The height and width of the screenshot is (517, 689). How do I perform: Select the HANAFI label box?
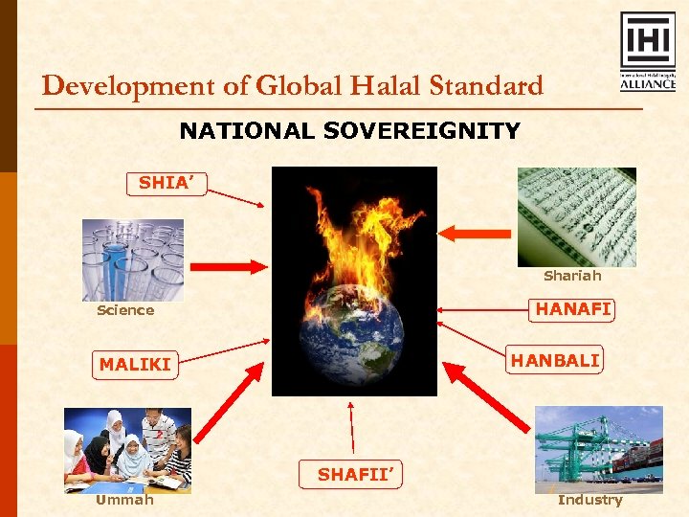(x=572, y=309)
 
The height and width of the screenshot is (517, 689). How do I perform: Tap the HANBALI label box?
(x=555, y=360)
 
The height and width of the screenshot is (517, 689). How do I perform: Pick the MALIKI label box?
(x=135, y=365)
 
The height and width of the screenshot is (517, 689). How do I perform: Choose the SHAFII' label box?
(x=354, y=474)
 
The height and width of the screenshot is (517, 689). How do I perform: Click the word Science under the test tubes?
(x=125, y=310)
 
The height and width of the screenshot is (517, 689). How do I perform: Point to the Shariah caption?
(x=572, y=276)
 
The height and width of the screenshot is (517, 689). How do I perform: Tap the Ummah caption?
(x=124, y=500)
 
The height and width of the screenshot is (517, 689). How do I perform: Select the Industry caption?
(x=589, y=500)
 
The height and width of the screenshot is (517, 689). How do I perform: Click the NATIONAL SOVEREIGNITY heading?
(x=349, y=131)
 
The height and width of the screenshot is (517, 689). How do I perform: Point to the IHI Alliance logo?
(x=648, y=52)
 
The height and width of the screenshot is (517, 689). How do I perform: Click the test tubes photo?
(x=132, y=260)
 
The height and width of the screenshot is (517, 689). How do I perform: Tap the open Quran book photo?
(x=576, y=216)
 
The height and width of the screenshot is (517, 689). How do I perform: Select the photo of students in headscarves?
(x=127, y=450)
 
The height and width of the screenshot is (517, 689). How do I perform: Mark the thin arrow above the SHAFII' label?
(x=352, y=426)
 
